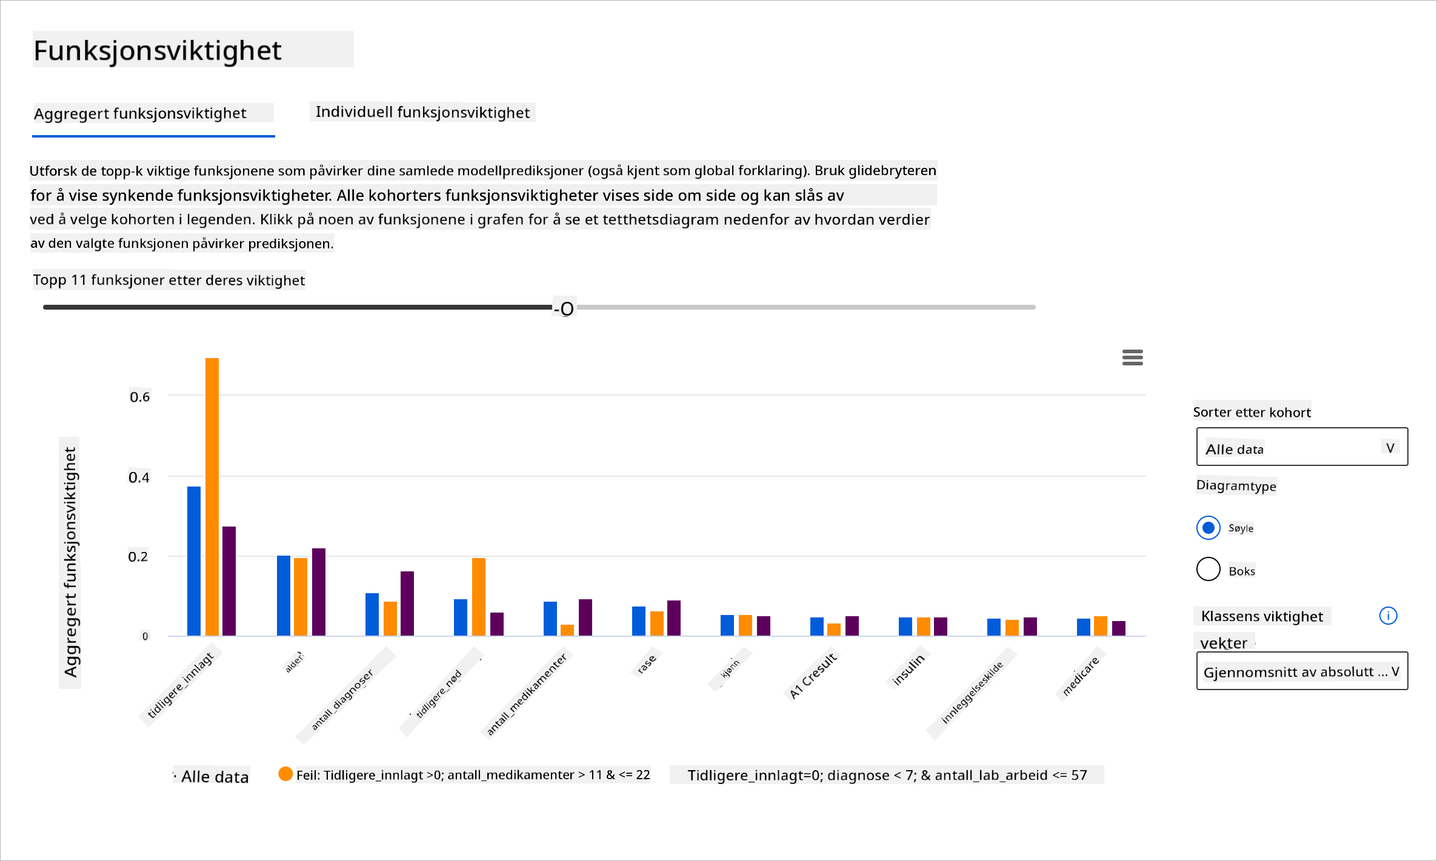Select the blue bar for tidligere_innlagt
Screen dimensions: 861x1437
[194, 560]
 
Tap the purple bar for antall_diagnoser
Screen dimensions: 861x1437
[407, 603]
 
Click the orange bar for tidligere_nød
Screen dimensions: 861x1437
[479, 596]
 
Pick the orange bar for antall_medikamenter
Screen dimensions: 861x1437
[567, 630]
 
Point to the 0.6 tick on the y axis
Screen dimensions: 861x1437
[140, 397]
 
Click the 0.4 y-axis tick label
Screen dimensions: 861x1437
[139, 477]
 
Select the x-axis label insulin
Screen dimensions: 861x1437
[909, 669]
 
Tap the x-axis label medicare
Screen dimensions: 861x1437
[1081, 676]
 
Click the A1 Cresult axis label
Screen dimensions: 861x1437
[813, 675]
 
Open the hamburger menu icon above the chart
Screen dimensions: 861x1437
[1132, 357]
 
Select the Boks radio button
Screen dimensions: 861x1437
[1209, 570]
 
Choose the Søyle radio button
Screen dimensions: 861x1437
[1209, 528]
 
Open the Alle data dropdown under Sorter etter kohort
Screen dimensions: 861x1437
[1302, 447]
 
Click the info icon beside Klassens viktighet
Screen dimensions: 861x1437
[1388, 616]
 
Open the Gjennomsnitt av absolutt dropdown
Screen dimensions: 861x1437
[1302, 671]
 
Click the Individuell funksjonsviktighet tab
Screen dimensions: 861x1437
[422, 112]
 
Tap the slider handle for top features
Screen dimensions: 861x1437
[567, 308]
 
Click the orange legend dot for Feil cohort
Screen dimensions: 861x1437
[285, 774]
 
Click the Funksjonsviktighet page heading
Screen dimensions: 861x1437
[158, 50]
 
